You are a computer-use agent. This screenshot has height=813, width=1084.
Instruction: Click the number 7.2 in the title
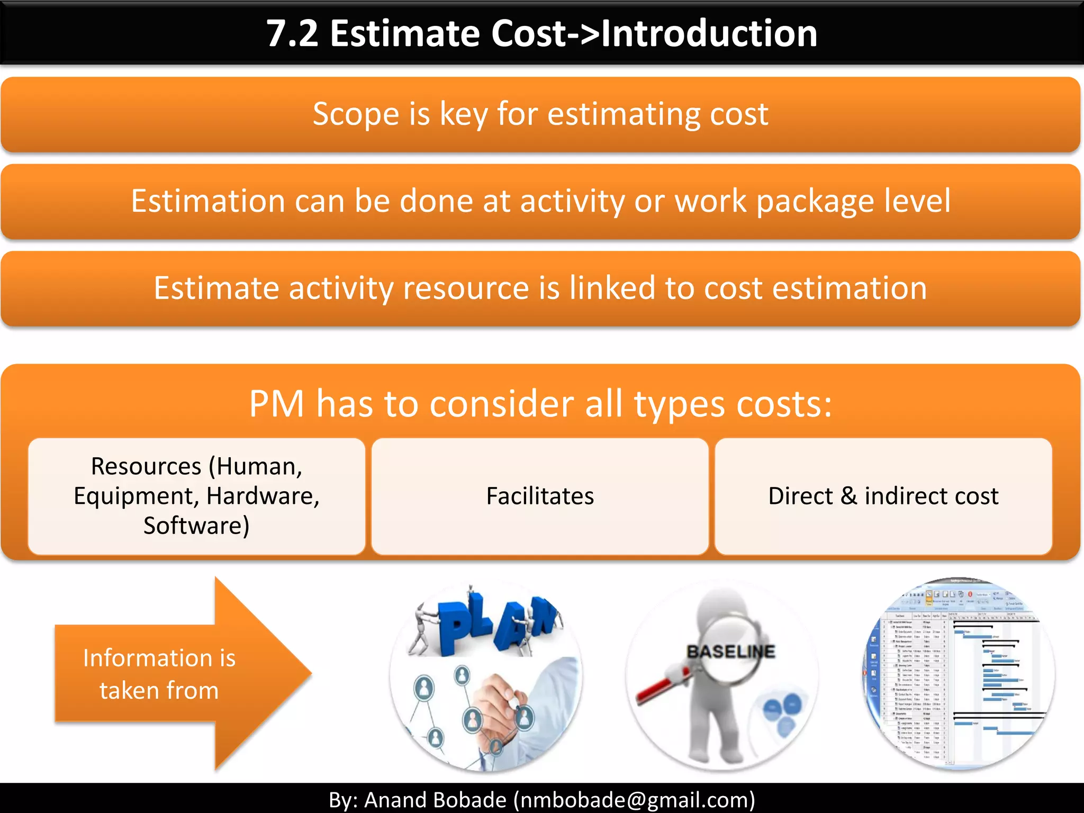click(292, 34)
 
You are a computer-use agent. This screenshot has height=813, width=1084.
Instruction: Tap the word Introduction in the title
click(709, 34)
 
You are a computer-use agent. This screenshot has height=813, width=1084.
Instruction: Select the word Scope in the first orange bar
click(356, 114)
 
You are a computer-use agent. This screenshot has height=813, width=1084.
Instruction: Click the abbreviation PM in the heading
click(276, 404)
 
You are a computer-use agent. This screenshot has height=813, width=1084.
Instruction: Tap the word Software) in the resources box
click(196, 526)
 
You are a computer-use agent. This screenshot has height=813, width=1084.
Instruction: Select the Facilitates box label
click(540, 496)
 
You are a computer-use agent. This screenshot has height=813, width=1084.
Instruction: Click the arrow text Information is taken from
click(159, 674)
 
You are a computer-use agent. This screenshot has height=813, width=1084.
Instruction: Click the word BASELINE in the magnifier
click(730, 652)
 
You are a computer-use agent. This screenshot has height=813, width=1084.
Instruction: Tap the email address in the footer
click(634, 800)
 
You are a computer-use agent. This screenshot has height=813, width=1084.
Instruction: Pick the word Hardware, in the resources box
click(263, 496)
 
